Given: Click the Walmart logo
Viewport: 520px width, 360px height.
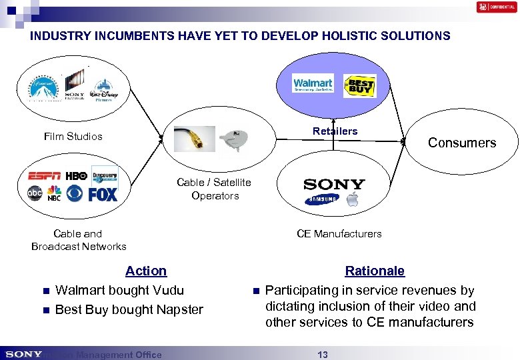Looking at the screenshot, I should (313, 85).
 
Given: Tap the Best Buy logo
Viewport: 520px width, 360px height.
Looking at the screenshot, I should (359, 86).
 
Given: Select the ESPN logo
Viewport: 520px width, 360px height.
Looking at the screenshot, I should (45, 176).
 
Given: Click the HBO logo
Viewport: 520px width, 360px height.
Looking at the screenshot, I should (77, 176).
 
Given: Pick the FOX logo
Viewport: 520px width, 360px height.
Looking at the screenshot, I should (102, 194).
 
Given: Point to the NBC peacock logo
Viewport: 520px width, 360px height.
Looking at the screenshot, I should (54, 193).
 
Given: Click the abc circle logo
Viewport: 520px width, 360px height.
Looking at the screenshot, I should (34, 193).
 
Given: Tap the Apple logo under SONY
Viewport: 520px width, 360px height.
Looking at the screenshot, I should (353, 200).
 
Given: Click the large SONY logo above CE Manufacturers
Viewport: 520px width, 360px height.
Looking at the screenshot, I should (334, 184).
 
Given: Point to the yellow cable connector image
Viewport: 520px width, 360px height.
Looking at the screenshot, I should (194, 139).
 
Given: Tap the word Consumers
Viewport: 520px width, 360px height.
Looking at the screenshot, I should (462, 143).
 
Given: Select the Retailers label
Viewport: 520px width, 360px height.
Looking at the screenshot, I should (335, 131).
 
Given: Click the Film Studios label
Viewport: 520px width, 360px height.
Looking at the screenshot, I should (73, 137).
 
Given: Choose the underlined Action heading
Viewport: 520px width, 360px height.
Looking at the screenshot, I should (146, 271).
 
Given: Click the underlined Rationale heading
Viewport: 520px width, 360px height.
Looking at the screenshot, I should (374, 271).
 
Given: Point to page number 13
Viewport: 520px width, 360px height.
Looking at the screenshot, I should (323, 355).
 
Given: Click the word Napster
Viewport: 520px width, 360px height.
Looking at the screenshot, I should (178, 309).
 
